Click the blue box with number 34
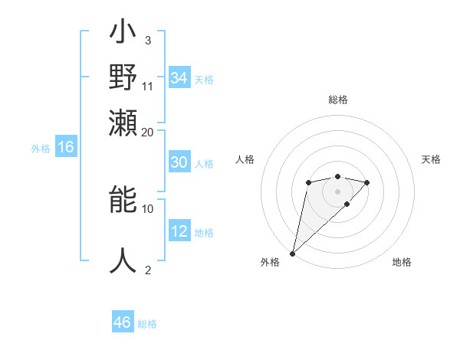[x=179, y=78]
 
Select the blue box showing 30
[x=179, y=162]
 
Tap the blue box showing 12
[x=179, y=231]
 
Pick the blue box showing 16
[x=66, y=148]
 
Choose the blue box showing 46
[x=123, y=322]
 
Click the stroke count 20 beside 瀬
[x=148, y=132]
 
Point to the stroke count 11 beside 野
[x=148, y=87]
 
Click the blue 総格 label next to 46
[x=147, y=324]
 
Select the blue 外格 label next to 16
[x=41, y=149]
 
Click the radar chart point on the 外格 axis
[x=293, y=253]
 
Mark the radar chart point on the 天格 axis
[x=367, y=182]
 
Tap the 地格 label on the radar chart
[x=402, y=263]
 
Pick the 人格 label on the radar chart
[x=245, y=159]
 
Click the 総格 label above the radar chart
[x=337, y=100]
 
